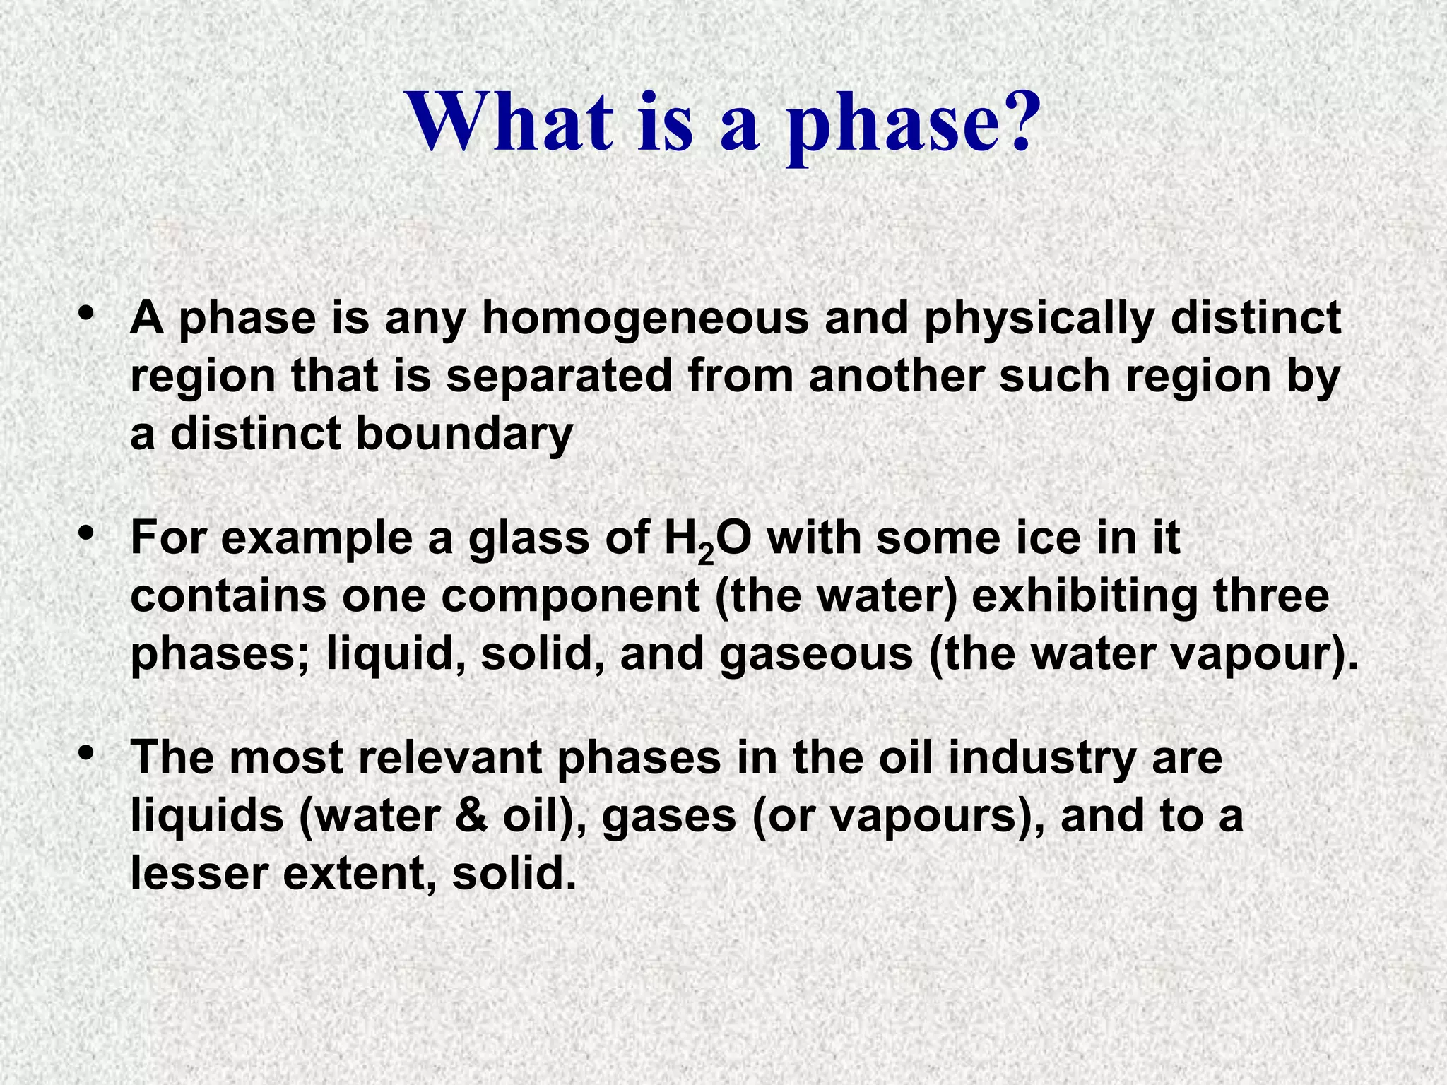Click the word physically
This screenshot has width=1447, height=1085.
click(1039, 319)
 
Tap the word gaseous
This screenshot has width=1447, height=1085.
click(817, 654)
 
